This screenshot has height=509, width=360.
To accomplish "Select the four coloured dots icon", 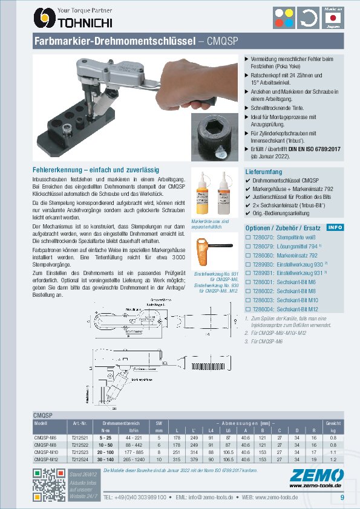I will click(285, 18).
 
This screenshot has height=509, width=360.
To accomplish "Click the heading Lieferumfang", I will click(264, 172).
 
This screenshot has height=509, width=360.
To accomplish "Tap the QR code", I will click(46, 485).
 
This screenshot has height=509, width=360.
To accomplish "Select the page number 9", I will click(342, 498).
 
